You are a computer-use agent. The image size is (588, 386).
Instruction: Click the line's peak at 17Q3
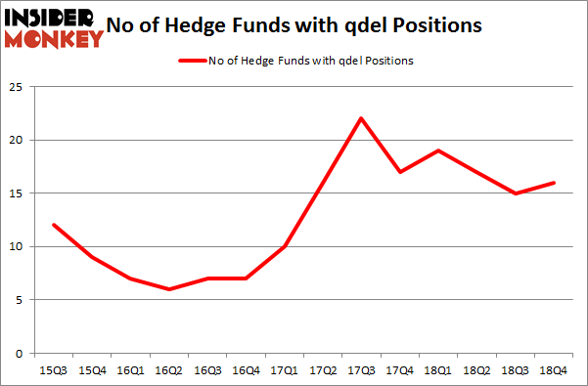click(x=361, y=118)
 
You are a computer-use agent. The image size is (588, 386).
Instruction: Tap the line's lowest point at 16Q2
click(x=170, y=289)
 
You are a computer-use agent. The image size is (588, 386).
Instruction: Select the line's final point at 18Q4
click(x=553, y=183)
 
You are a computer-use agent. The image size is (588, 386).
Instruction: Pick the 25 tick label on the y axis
click(x=17, y=87)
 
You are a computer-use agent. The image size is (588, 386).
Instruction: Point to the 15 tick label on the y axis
click(x=17, y=193)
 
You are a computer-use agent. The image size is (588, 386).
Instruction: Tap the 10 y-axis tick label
click(x=17, y=247)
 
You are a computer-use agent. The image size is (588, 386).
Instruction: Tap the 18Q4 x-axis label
click(x=553, y=372)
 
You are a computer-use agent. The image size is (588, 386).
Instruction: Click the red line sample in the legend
click(x=191, y=61)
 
